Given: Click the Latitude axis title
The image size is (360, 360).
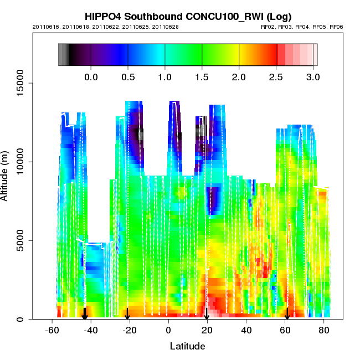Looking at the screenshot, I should point(187,346).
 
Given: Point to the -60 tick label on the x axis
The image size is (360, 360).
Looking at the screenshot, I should point(52,330).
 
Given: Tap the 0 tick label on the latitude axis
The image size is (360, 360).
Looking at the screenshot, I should point(168,330).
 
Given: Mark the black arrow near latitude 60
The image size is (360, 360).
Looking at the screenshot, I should point(287,314).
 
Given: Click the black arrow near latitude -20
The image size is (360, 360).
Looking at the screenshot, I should point(127,314).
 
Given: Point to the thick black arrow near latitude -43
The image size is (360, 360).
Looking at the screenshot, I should point(85,314).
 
